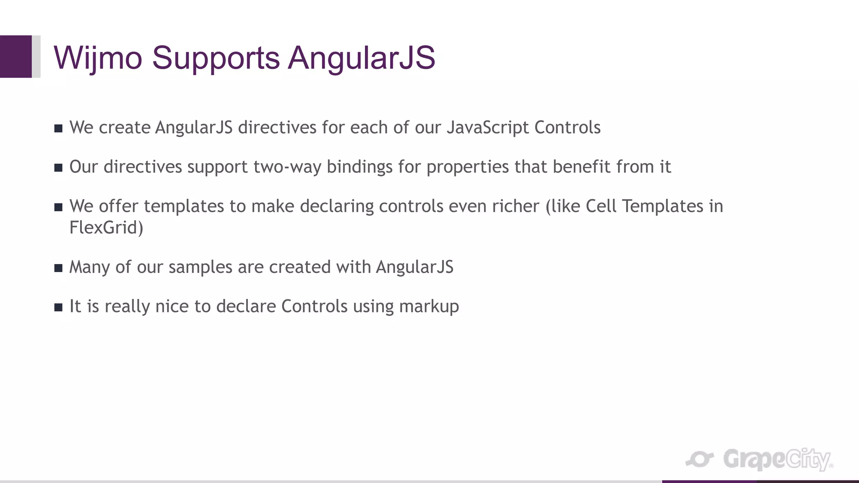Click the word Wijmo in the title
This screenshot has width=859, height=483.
(98, 57)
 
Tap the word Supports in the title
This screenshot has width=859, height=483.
(216, 57)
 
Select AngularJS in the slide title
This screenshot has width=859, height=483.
(362, 57)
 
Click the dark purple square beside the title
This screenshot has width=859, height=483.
(16, 57)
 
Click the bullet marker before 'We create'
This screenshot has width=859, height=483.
(58, 128)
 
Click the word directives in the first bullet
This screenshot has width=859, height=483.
(277, 127)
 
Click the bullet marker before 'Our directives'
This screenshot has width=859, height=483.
(58, 168)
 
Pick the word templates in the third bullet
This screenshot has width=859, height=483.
(184, 206)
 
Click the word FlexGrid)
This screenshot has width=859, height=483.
(106, 228)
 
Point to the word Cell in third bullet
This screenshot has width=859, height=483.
(601, 206)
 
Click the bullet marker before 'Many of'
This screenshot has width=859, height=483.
(58, 268)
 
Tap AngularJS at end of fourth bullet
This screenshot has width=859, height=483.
(414, 267)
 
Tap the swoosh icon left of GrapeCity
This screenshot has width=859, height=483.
(700, 460)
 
